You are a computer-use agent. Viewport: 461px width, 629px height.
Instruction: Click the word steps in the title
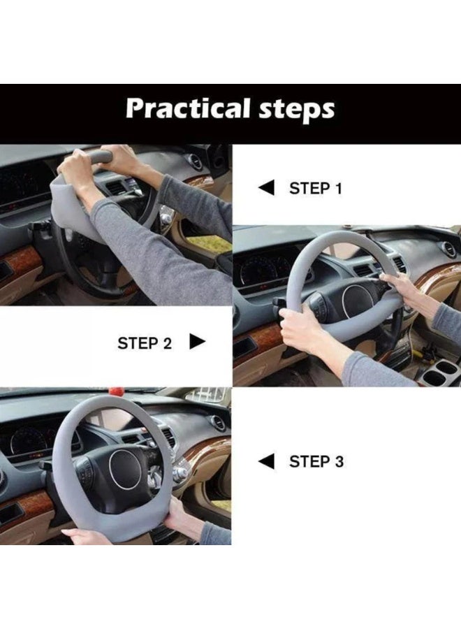[297, 110]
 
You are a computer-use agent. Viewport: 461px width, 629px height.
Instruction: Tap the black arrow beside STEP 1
[267, 188]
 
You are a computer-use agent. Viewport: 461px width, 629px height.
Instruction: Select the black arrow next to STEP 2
[197, 342]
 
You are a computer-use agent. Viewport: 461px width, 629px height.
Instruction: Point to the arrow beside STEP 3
[267, 461]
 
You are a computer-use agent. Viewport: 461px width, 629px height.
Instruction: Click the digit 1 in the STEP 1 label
[338, 188]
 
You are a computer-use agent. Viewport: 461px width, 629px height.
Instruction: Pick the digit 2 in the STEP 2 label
[166, 343]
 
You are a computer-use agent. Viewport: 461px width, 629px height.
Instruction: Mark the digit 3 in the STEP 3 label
[339, 462]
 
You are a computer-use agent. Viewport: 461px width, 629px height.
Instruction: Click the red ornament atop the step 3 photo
[115, 391]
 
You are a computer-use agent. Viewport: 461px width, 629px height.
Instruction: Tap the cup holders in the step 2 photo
[439, 370]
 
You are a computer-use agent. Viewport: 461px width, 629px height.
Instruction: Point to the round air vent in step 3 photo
[218, 423]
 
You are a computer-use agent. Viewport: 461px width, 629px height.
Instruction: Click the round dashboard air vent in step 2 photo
[449, 250]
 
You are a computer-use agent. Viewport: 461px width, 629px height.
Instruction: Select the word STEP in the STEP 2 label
[138, 343]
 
